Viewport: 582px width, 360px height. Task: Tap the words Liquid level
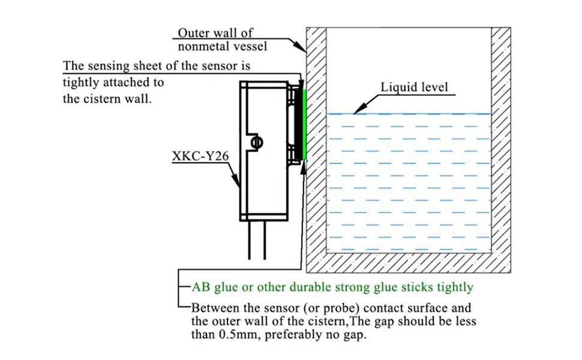414,87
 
